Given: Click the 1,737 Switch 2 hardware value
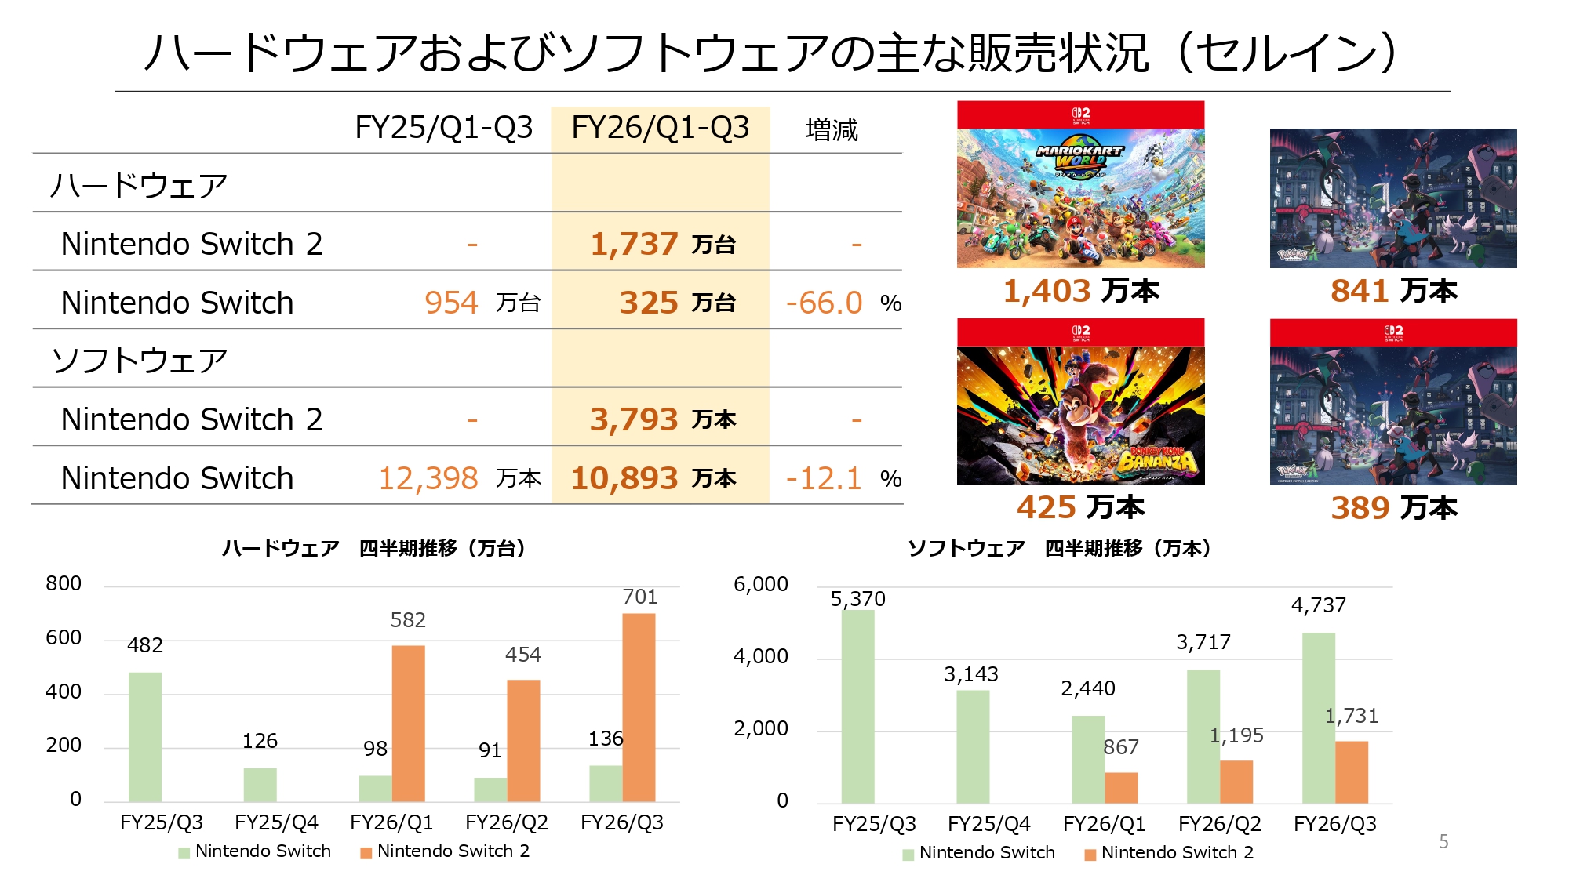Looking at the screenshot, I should (x=634, y=244).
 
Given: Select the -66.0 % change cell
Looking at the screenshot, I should (x=825, y=303).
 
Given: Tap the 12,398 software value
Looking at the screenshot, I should (x=428, y=478).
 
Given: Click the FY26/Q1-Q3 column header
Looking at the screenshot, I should (x=660, y=128).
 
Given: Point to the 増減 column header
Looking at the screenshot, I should (x=832, y=129).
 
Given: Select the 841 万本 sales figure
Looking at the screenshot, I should (x=1393, y=291).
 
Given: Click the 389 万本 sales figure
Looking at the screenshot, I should (x=1393, y=508).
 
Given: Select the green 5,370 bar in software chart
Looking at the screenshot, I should (x=857, y=706).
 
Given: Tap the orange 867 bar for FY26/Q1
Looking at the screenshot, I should (x=1121, y=787).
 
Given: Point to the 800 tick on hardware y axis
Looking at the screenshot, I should (x=64, y=584).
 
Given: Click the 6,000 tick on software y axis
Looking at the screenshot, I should (x=760, y=585).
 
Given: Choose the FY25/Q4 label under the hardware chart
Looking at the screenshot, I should (x=276, y=822).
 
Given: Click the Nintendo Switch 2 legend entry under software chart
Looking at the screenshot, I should (x=1177, y=853).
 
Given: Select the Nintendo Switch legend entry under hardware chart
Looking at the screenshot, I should (x=262, y=851).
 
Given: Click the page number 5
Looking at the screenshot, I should (x=1443, y=841).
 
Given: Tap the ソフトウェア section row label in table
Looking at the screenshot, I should (x=140, y=361).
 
